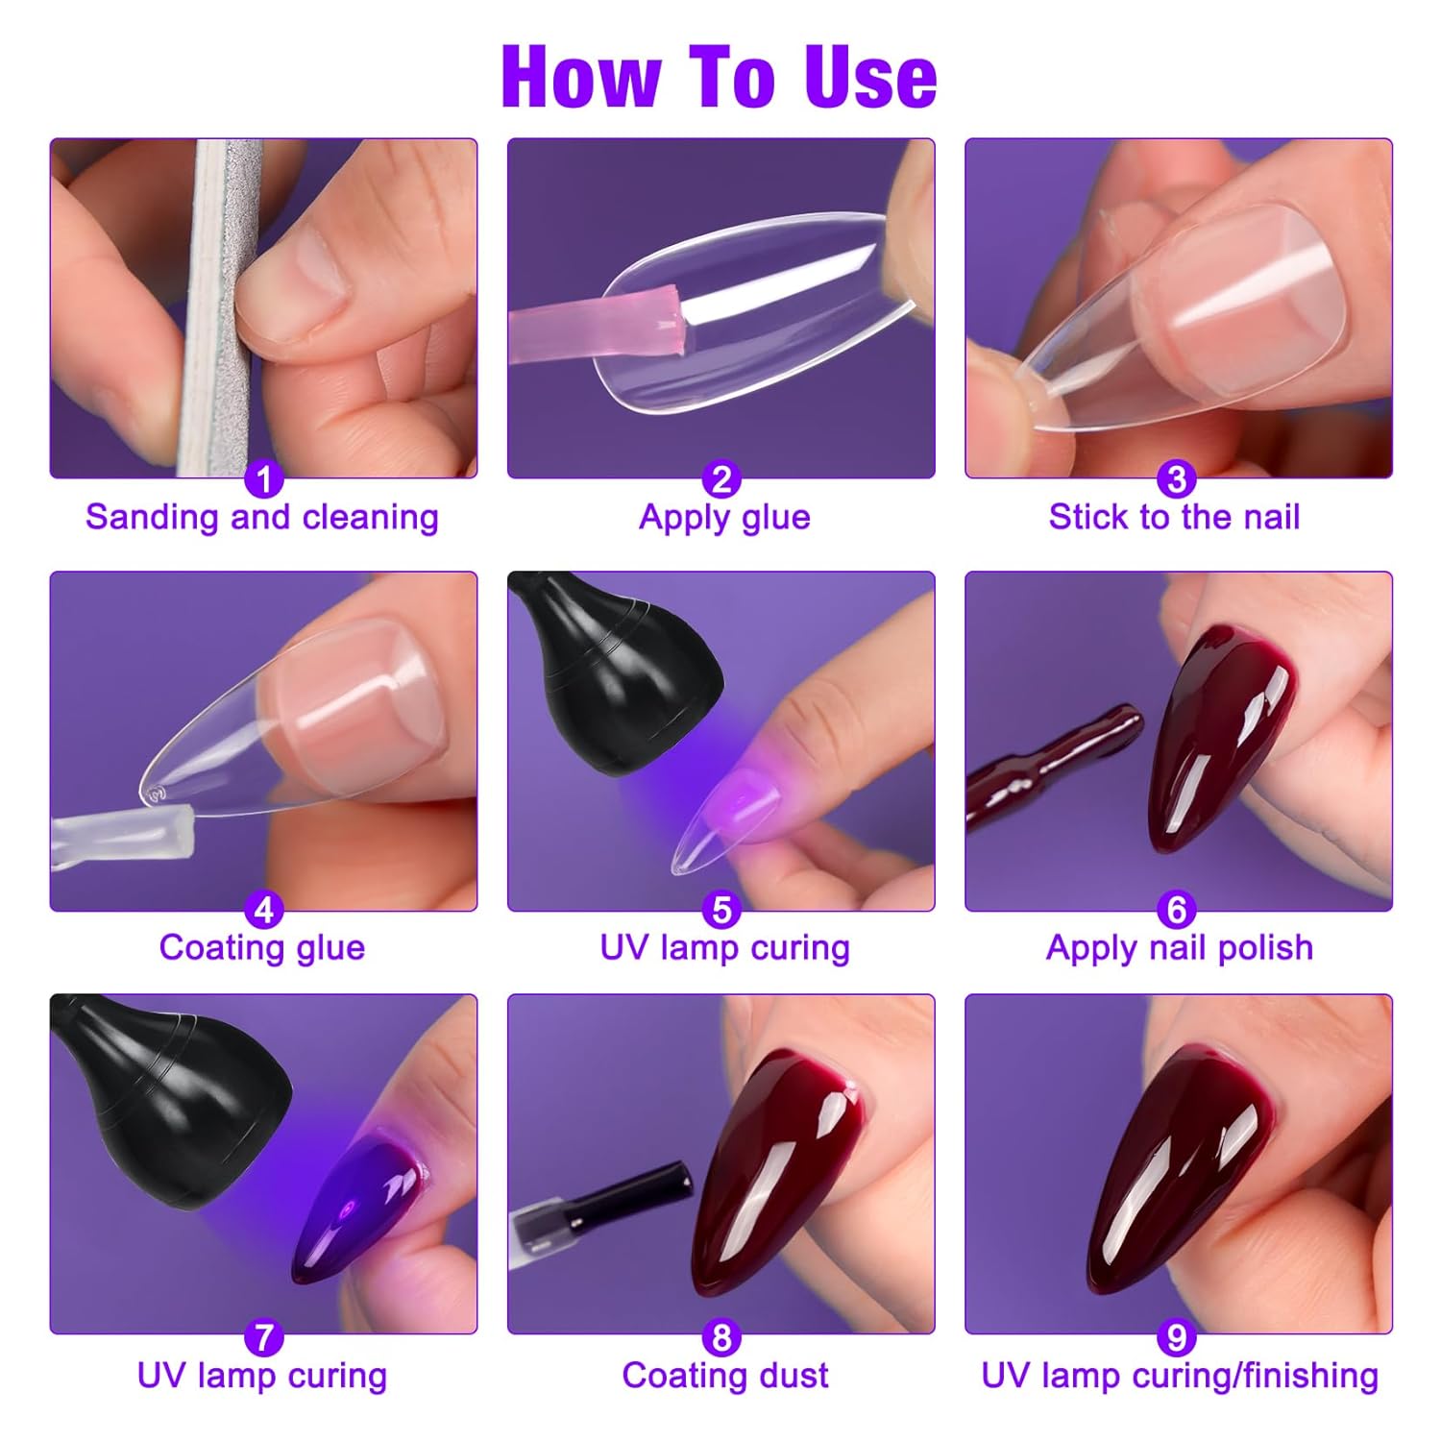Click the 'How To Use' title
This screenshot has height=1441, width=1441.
coord(719,77)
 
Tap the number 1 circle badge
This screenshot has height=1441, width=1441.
coord(264,478)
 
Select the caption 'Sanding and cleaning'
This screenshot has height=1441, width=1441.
coord(262,517)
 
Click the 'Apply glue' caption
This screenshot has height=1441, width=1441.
coord(724,517)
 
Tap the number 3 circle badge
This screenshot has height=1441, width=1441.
coord(1176,478)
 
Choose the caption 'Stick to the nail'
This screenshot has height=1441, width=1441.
coord(1174,517)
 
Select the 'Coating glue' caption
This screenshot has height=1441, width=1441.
coord(262,947)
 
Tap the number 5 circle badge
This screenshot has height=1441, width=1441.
coord(721,910)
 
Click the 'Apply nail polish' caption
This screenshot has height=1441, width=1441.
coord(1180,947)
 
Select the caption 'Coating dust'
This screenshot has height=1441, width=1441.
coord(724,1376)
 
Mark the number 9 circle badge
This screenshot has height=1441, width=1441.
coord(1176,1337)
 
